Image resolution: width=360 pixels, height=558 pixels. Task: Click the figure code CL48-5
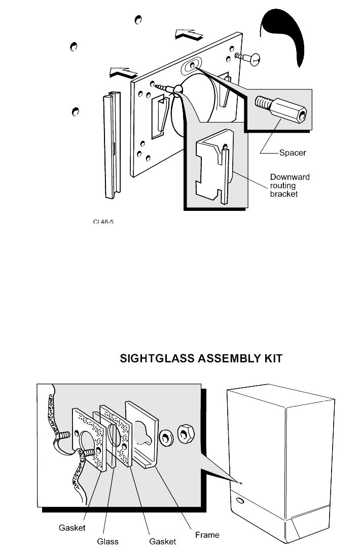(x=102, y=221)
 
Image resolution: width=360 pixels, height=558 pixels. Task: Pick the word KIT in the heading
(x=269, y=359)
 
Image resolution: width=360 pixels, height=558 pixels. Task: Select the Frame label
(x=207, y=534)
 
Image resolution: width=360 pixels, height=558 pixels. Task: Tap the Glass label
(x=107, y=541)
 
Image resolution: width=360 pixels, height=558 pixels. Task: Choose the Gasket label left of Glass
(x=71, y=528)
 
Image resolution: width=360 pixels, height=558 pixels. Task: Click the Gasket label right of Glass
(x=162, y=541)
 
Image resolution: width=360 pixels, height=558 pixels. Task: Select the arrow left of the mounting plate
(x=123, y=72)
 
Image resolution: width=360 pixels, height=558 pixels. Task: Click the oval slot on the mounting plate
(x=192, y=66)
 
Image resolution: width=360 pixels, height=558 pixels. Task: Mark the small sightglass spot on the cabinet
(x=241, y=483)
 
